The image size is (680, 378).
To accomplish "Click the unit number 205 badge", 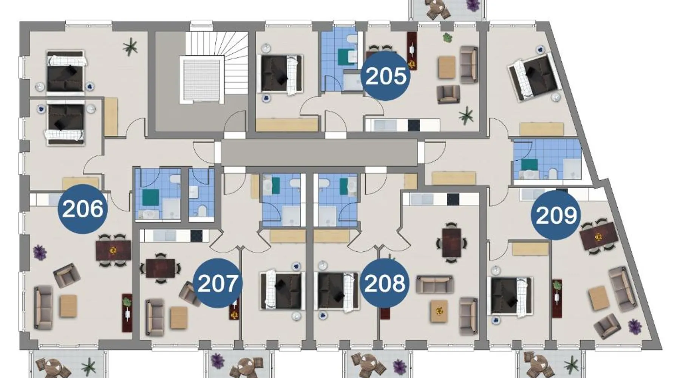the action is coord(385,76).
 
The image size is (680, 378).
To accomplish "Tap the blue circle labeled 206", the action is coord(82,209).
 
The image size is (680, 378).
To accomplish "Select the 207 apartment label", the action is coord(218,283).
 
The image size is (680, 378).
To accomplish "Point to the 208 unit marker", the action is coord(384,283).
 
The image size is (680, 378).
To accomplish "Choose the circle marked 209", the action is coord(556,215).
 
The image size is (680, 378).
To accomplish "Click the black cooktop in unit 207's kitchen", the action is coord(196,236).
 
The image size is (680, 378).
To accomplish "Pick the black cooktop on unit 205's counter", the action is coord(414,125).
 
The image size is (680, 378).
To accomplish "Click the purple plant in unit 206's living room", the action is coord(40,252).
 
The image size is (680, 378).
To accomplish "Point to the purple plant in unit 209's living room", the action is coord(635,326).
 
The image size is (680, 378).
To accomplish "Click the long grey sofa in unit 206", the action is coord(43,307).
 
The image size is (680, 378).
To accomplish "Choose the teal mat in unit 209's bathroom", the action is coord(530,165).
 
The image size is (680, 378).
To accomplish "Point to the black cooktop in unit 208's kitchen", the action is coord(453,199).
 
